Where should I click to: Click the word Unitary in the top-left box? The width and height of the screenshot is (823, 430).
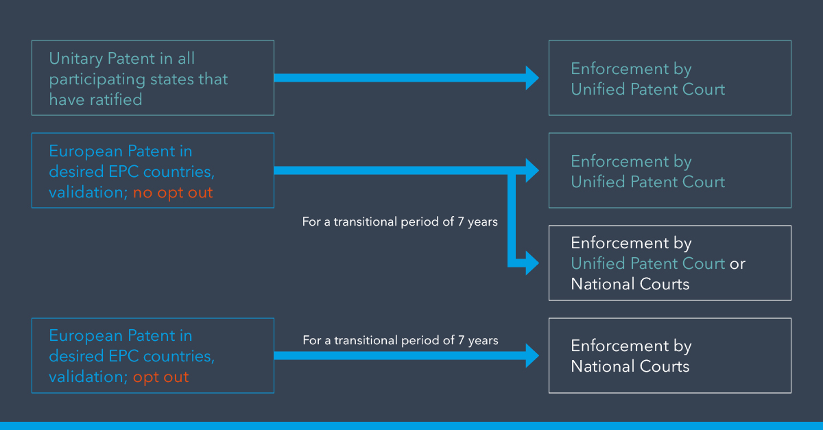coord(76,59)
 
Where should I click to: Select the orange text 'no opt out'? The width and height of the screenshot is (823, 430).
coord(173,193)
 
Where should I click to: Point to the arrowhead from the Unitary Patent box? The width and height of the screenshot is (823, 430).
coord(532,78)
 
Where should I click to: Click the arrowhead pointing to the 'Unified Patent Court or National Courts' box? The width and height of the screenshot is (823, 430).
coord(532,263)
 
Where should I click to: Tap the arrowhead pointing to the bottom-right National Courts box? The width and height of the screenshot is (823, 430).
coord(532,356)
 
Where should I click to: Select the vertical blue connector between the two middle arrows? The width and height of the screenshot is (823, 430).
coord(512,217)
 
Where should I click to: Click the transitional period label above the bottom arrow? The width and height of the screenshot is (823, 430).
coord(401,340)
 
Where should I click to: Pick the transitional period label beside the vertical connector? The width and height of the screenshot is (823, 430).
coord(400,222)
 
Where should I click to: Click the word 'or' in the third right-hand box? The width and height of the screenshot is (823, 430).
coord(737,264)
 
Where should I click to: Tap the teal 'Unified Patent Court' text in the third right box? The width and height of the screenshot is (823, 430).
coord(648,263)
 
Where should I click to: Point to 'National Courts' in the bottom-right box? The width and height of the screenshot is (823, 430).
coord(630,366)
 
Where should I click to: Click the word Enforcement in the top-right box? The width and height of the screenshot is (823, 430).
coord(620,69)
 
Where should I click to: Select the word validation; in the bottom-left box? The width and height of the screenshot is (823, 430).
coord(88,377)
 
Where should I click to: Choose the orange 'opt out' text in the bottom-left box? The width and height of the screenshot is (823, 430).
coord(160,377)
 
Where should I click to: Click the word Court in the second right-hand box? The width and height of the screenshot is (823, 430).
coord(703,182)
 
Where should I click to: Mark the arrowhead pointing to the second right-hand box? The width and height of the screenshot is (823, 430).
coord(532,171)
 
